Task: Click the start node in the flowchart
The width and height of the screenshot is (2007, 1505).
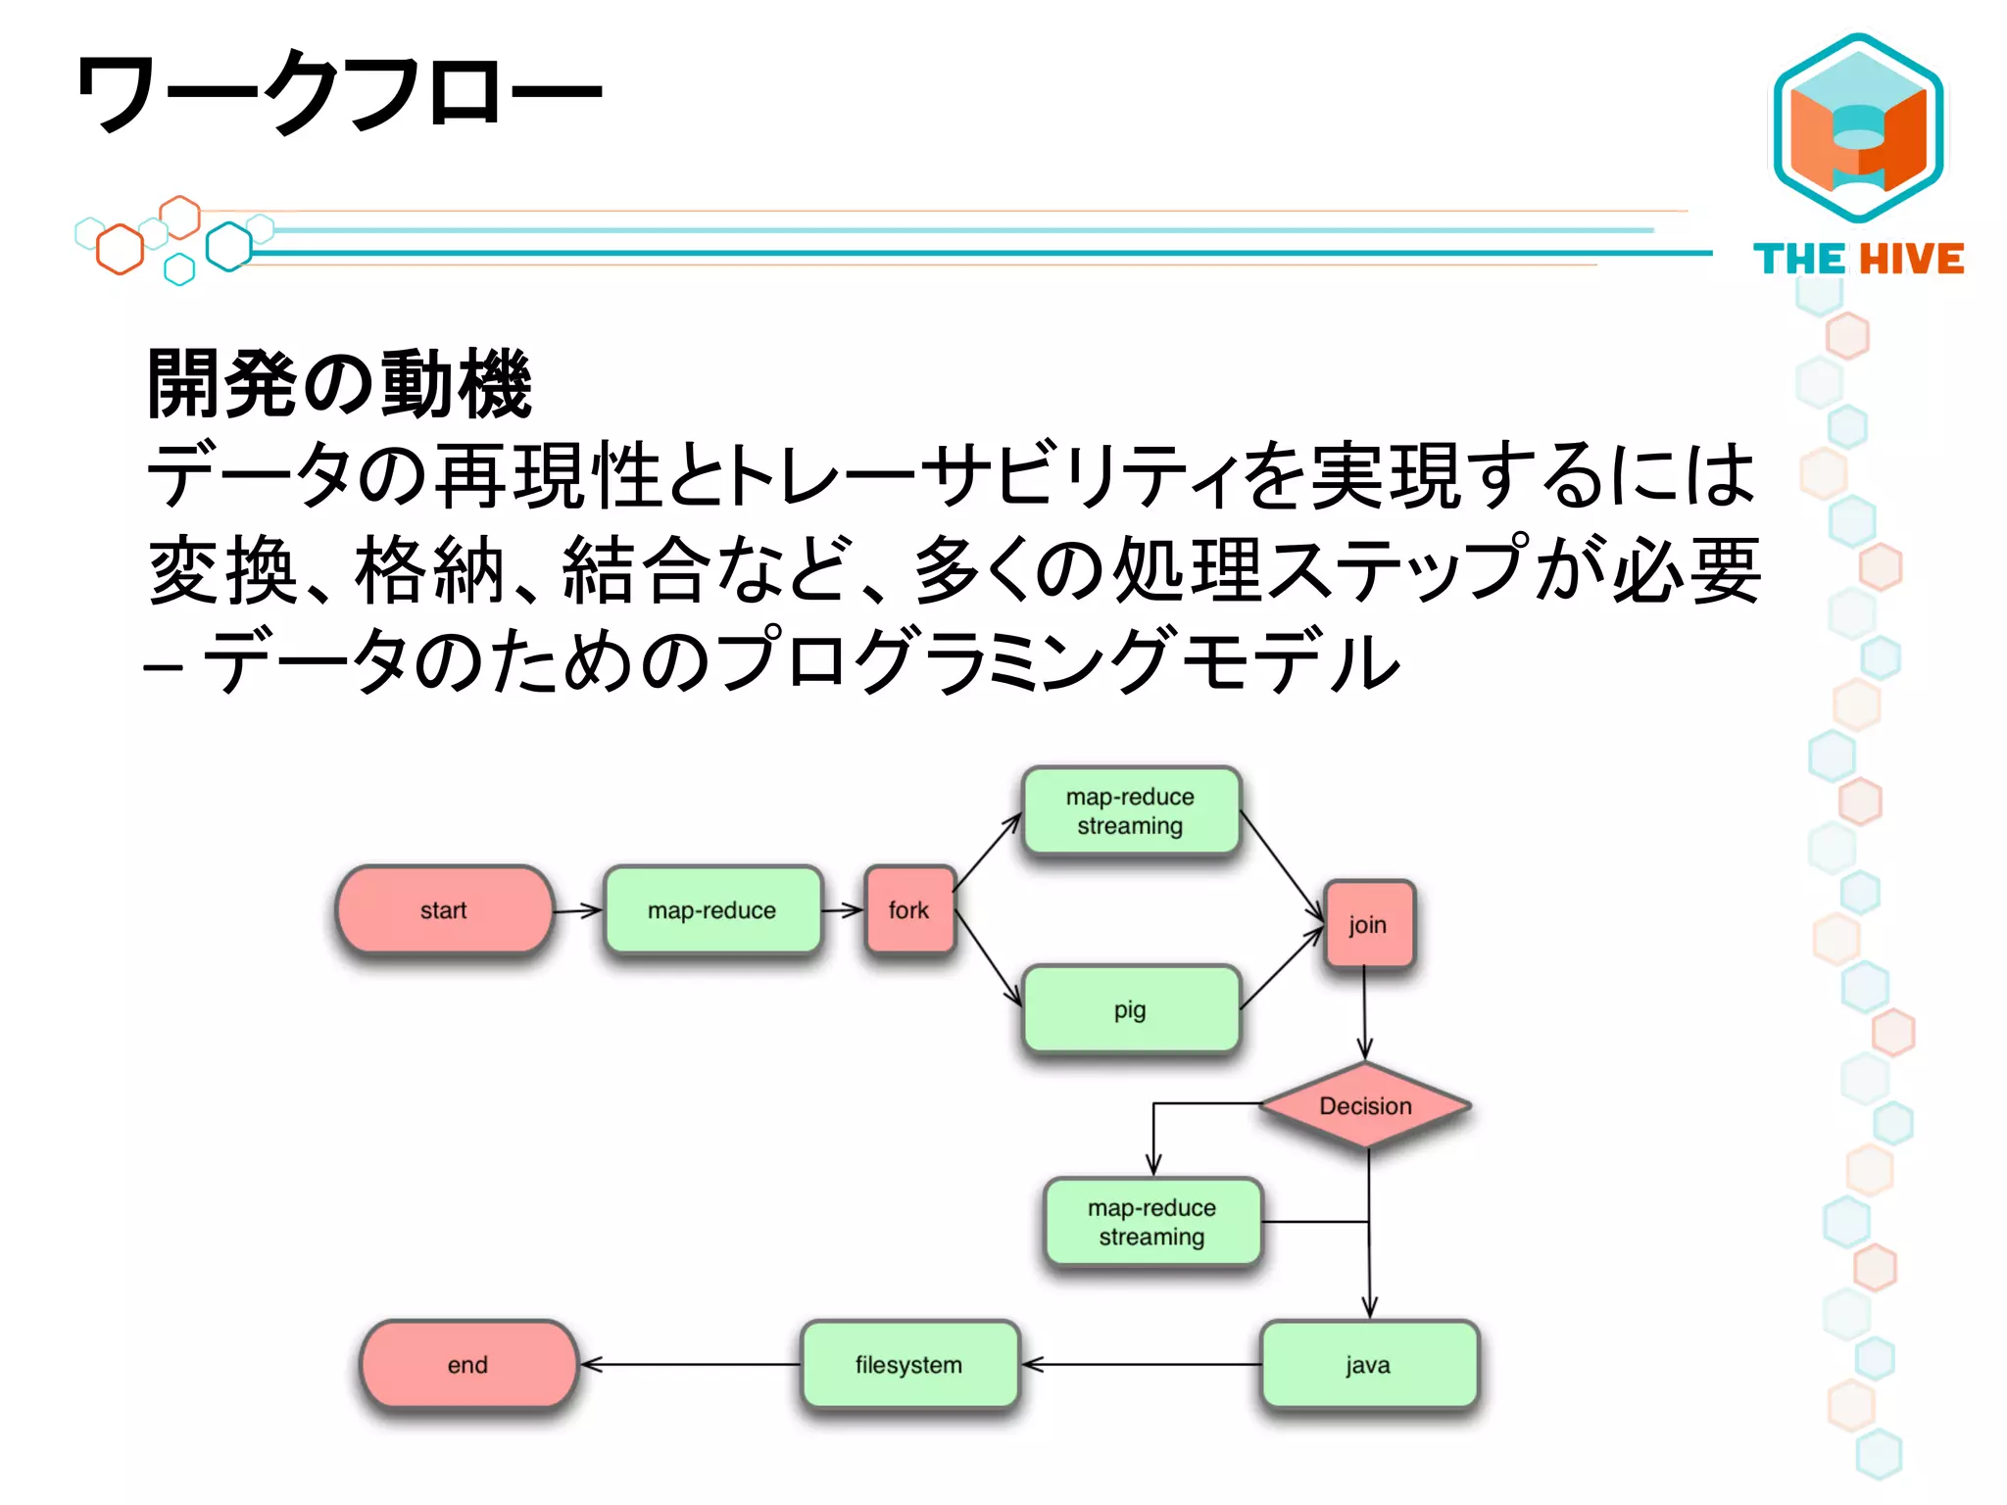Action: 444,910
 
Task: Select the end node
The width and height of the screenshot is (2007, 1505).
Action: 468,1365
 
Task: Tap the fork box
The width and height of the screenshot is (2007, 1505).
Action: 909,910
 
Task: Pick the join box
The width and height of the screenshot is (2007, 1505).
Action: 1368,925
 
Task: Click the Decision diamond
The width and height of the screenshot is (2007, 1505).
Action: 1365,1106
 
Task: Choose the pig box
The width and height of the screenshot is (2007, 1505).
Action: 1130,1009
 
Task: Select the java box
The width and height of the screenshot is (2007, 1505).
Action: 1368,1365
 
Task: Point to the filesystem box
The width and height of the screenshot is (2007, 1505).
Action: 909,1365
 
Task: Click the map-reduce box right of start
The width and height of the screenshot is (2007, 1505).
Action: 712,910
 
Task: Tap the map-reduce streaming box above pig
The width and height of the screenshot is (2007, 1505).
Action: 1131,811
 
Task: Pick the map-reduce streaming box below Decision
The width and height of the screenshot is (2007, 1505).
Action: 1152,1222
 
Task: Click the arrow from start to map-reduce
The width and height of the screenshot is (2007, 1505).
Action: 578,911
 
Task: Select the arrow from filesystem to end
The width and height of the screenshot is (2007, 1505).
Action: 690,1364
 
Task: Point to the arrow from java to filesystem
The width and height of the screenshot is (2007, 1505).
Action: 1141,1364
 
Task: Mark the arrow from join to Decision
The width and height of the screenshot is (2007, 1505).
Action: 1364,1014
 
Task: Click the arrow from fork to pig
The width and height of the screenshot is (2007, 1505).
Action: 988,958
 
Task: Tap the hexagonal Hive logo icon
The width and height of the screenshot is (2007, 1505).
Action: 1858,127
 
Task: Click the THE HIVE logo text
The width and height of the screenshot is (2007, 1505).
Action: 1858,260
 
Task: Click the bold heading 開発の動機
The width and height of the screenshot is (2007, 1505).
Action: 339,384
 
